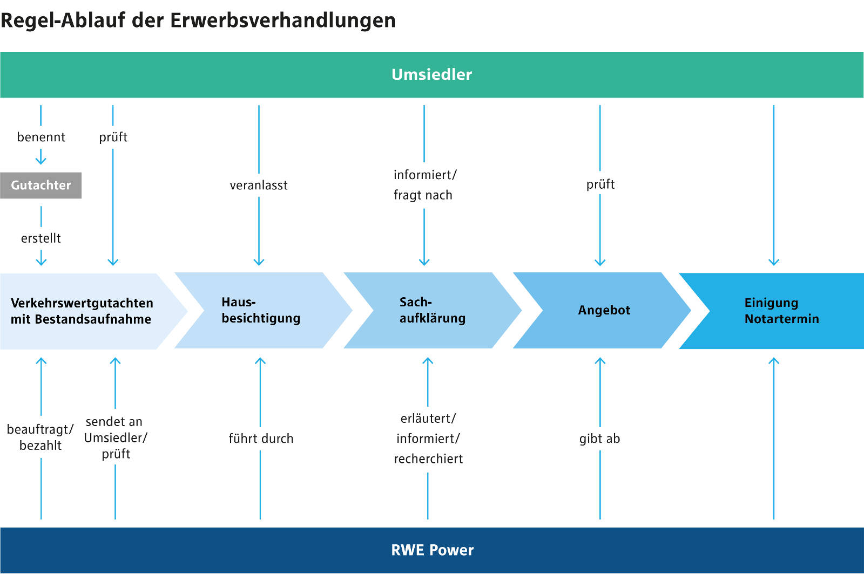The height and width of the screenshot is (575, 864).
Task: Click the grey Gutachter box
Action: [40, 185]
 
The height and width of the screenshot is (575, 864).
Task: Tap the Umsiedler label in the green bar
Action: [431, 74]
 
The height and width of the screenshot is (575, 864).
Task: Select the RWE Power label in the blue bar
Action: [432, 550]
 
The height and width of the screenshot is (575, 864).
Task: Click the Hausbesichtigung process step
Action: [261, 310]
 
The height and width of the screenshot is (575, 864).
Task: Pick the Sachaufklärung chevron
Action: [432, 310]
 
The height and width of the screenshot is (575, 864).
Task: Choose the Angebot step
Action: [604, 310]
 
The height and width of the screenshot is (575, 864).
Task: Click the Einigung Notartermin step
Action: [781, 311]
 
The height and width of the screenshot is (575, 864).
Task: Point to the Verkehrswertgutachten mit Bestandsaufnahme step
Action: [82, 311]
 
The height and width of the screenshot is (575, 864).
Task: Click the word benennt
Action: [41, 137]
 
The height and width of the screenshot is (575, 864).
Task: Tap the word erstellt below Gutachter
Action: [41, 238]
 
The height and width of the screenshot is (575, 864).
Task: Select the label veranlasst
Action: [259, 186]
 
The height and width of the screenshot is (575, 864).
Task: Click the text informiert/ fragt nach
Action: [424, 184]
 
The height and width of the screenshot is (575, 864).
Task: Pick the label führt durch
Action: [261, 439]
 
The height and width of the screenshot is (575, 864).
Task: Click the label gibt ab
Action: [599, 439]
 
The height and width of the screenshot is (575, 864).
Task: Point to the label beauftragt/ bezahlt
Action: [40, 437]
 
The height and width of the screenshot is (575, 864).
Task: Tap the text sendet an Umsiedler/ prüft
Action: [115, 437]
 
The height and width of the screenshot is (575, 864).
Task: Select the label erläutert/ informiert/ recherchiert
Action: [428, 439]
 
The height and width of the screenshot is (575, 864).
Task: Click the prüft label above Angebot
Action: [600, 184]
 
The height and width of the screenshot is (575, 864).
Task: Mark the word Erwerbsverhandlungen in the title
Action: [283, 20]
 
